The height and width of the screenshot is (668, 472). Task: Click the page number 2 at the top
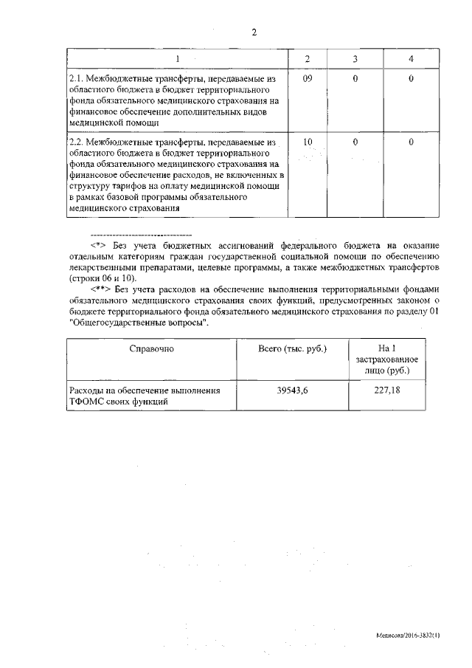pos(254,32)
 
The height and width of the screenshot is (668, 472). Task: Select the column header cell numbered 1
pos(176,58)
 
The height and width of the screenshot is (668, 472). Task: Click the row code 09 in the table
pos(308,78)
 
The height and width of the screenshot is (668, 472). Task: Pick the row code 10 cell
pos(308,141)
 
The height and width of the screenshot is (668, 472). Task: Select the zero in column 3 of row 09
pos(355,78)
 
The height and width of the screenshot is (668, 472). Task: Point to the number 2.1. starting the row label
pos(75,78)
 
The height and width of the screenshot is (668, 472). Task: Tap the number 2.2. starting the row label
pos(75,141)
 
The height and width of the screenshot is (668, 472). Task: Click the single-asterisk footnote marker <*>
pos(99,245)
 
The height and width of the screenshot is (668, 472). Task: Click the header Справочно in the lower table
pos(151,348)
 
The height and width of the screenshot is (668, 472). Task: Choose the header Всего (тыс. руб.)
pos(293,348)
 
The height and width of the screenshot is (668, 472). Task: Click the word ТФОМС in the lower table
pos(84,402)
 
